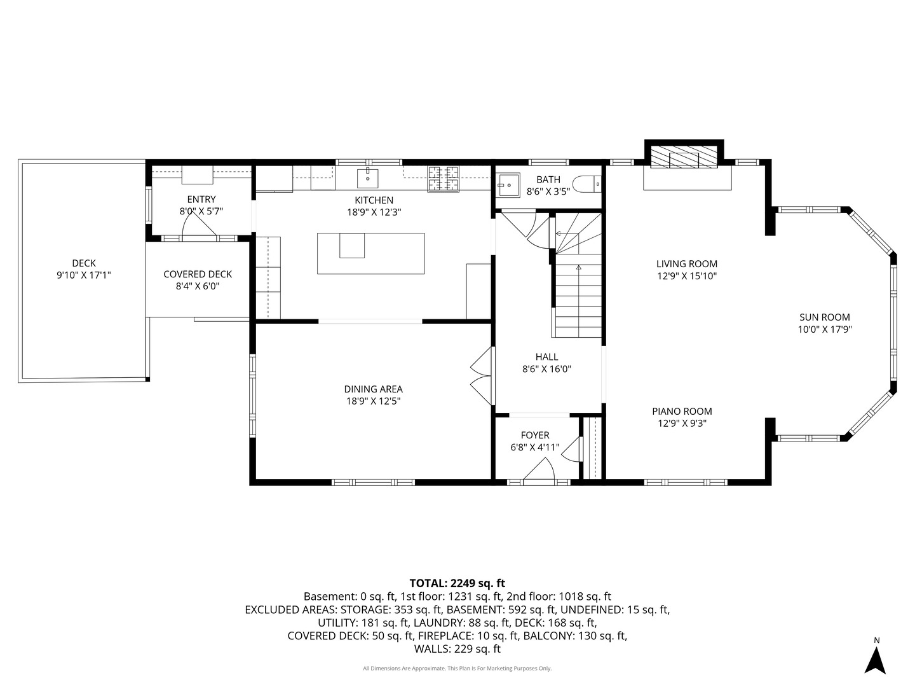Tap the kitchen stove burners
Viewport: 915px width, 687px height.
coord(444,179)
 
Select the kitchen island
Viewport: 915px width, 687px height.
coord(370,253)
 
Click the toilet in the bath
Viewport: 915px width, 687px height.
coord(586,184)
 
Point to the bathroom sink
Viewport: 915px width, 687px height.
coord(508,184)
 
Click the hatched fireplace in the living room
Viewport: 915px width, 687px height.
coord(684,157)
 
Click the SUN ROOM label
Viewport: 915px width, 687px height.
coord(824,317)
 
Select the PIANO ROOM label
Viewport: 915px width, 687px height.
coord(682,412)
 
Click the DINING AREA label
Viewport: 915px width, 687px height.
coord(373,389)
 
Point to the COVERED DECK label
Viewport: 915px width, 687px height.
coord(198,274)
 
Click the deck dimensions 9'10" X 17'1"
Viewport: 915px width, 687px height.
coord(84,275)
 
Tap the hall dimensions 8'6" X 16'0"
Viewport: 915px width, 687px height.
coord(546,369)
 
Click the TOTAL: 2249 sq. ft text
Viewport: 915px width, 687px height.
coord(457,583)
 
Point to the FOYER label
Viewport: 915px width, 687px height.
coord(535,435)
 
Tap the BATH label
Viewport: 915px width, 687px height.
coord(548,180)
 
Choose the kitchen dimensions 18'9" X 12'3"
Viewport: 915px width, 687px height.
coord(374,212)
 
